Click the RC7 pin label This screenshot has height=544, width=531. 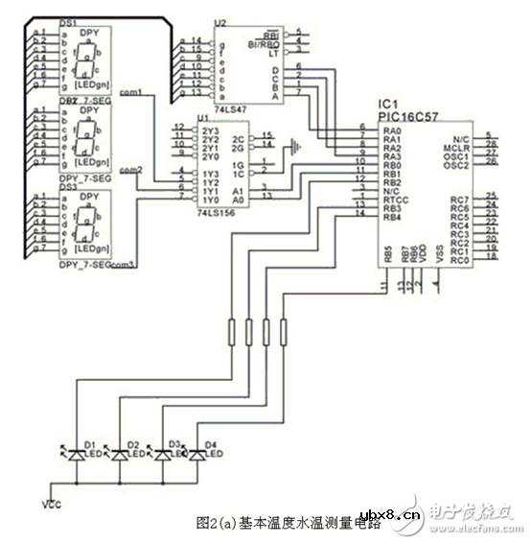click(458, 200)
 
